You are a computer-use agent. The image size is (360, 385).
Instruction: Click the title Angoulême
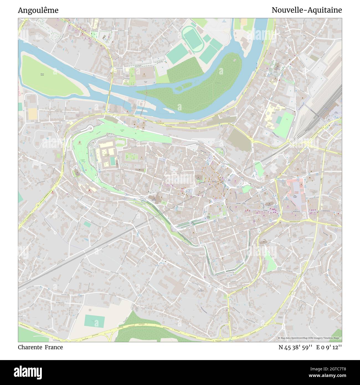(x=38, y=10)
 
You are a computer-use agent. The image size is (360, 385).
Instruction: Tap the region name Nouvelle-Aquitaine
(x=307, y=10)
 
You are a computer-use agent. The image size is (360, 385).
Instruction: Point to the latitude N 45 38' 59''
(x=296, y=347)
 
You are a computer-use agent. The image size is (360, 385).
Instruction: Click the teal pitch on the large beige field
(x=95, y=321)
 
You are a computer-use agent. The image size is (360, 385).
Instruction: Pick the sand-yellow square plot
(x=32, y=114)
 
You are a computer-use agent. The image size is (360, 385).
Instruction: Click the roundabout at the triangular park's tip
(x=279, y=268)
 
